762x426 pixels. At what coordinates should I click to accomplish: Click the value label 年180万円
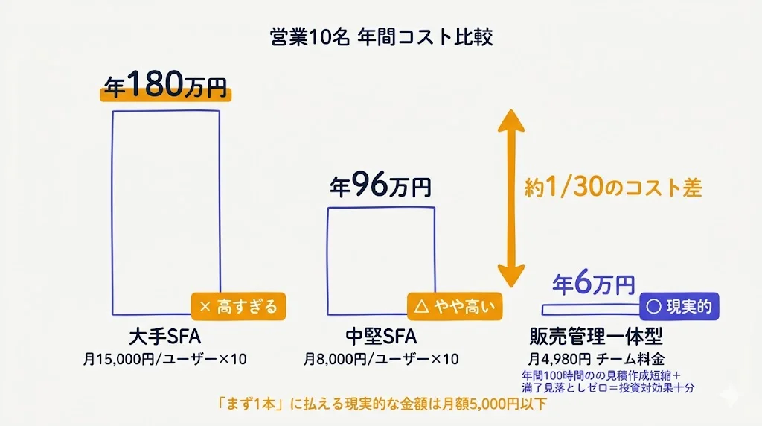tap(166, 86)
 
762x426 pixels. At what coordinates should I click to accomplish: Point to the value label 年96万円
tap(380, 185)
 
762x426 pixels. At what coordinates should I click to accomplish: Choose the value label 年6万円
tap(593, 284)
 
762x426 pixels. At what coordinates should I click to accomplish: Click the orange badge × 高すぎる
tap(238, 306)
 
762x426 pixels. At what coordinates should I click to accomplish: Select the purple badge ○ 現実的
tap(680, 306)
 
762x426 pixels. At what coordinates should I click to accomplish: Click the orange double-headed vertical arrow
tap(510, 198)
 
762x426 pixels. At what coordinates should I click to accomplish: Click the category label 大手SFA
tap(165, 334)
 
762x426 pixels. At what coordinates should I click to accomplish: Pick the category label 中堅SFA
tap(381, 334)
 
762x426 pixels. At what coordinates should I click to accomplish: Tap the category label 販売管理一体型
tap(595, 334)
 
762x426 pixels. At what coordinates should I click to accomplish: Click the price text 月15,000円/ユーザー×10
tap(165, 359)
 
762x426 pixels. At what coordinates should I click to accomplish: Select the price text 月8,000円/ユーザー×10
tap(381, 359)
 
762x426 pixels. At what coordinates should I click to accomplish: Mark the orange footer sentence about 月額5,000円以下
tap(381, 406)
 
